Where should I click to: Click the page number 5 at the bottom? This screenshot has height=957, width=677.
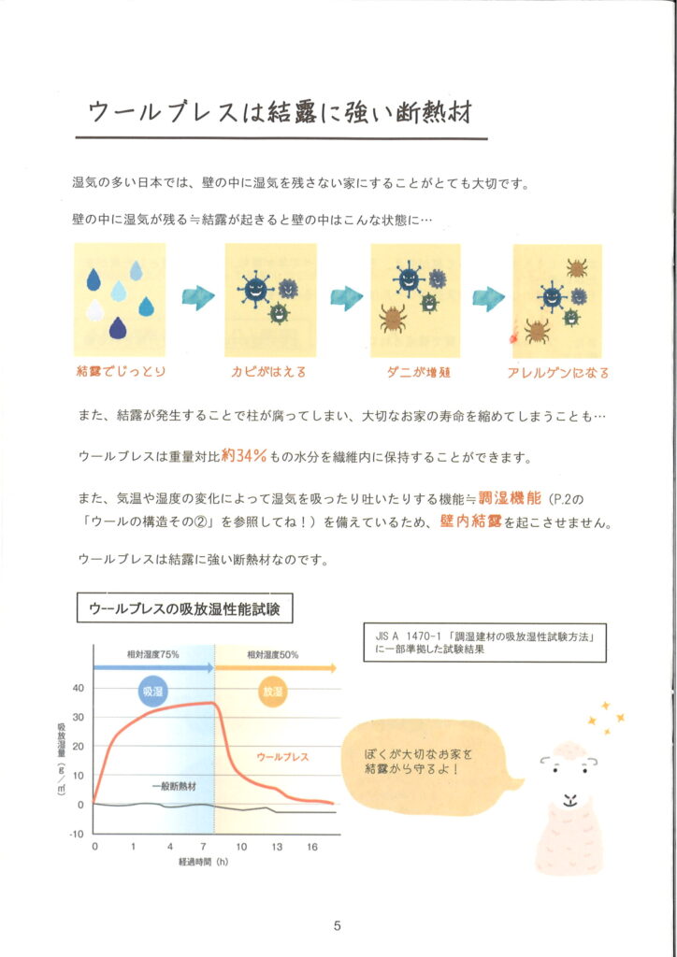point(337,926)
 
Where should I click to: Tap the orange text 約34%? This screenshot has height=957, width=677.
point(243,455)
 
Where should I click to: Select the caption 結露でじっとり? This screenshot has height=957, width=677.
point(121,371)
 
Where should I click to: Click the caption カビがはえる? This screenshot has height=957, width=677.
point(268,371)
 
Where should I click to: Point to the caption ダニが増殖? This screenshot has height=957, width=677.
point(418,372)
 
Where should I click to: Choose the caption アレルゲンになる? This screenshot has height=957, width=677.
point(558,372)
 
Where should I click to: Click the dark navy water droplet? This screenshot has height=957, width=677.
point(118,329)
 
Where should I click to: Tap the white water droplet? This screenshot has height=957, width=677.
point(94,310)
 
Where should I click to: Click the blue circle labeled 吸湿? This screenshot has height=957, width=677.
point(152,692)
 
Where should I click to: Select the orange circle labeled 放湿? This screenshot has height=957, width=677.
point(273,692)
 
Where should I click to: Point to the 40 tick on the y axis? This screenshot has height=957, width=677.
point(79,688)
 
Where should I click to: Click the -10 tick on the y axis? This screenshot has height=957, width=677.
point(77,834)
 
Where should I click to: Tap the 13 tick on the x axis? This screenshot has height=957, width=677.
point(277,847)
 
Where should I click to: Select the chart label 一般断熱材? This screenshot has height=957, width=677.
point(175,786)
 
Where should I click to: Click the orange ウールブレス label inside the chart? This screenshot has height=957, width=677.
point(282,757)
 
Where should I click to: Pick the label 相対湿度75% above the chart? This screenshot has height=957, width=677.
point(152,654)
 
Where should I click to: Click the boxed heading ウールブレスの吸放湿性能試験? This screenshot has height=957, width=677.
point(184,607)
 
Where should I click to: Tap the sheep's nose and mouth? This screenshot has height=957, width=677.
point(569,799)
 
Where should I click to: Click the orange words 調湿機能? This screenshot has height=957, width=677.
point(510,498)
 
